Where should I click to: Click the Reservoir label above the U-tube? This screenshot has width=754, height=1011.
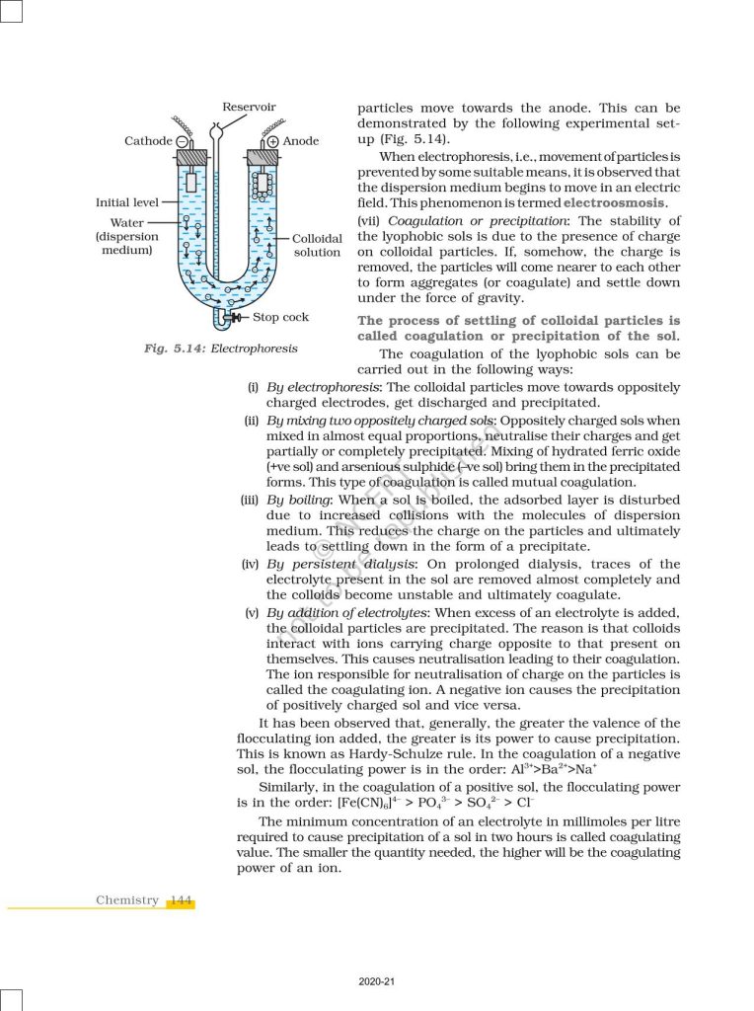point(249,107)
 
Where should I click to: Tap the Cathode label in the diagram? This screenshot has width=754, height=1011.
point(148,141)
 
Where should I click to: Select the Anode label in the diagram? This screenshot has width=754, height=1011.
point(301,141)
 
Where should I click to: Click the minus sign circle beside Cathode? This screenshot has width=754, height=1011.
point(182,141)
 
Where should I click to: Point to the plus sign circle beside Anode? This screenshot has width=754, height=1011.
point(272,141)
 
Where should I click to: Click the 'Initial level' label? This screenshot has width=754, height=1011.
point(126,202)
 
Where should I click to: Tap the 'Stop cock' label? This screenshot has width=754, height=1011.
point(280,317)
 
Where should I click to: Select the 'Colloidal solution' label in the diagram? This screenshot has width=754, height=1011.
point(317,246)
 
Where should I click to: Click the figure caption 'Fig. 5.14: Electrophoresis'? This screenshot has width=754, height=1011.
point(221,349)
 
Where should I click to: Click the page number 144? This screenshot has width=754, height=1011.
point(180,900)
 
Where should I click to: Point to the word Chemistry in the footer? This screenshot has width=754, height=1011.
point(127,900)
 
